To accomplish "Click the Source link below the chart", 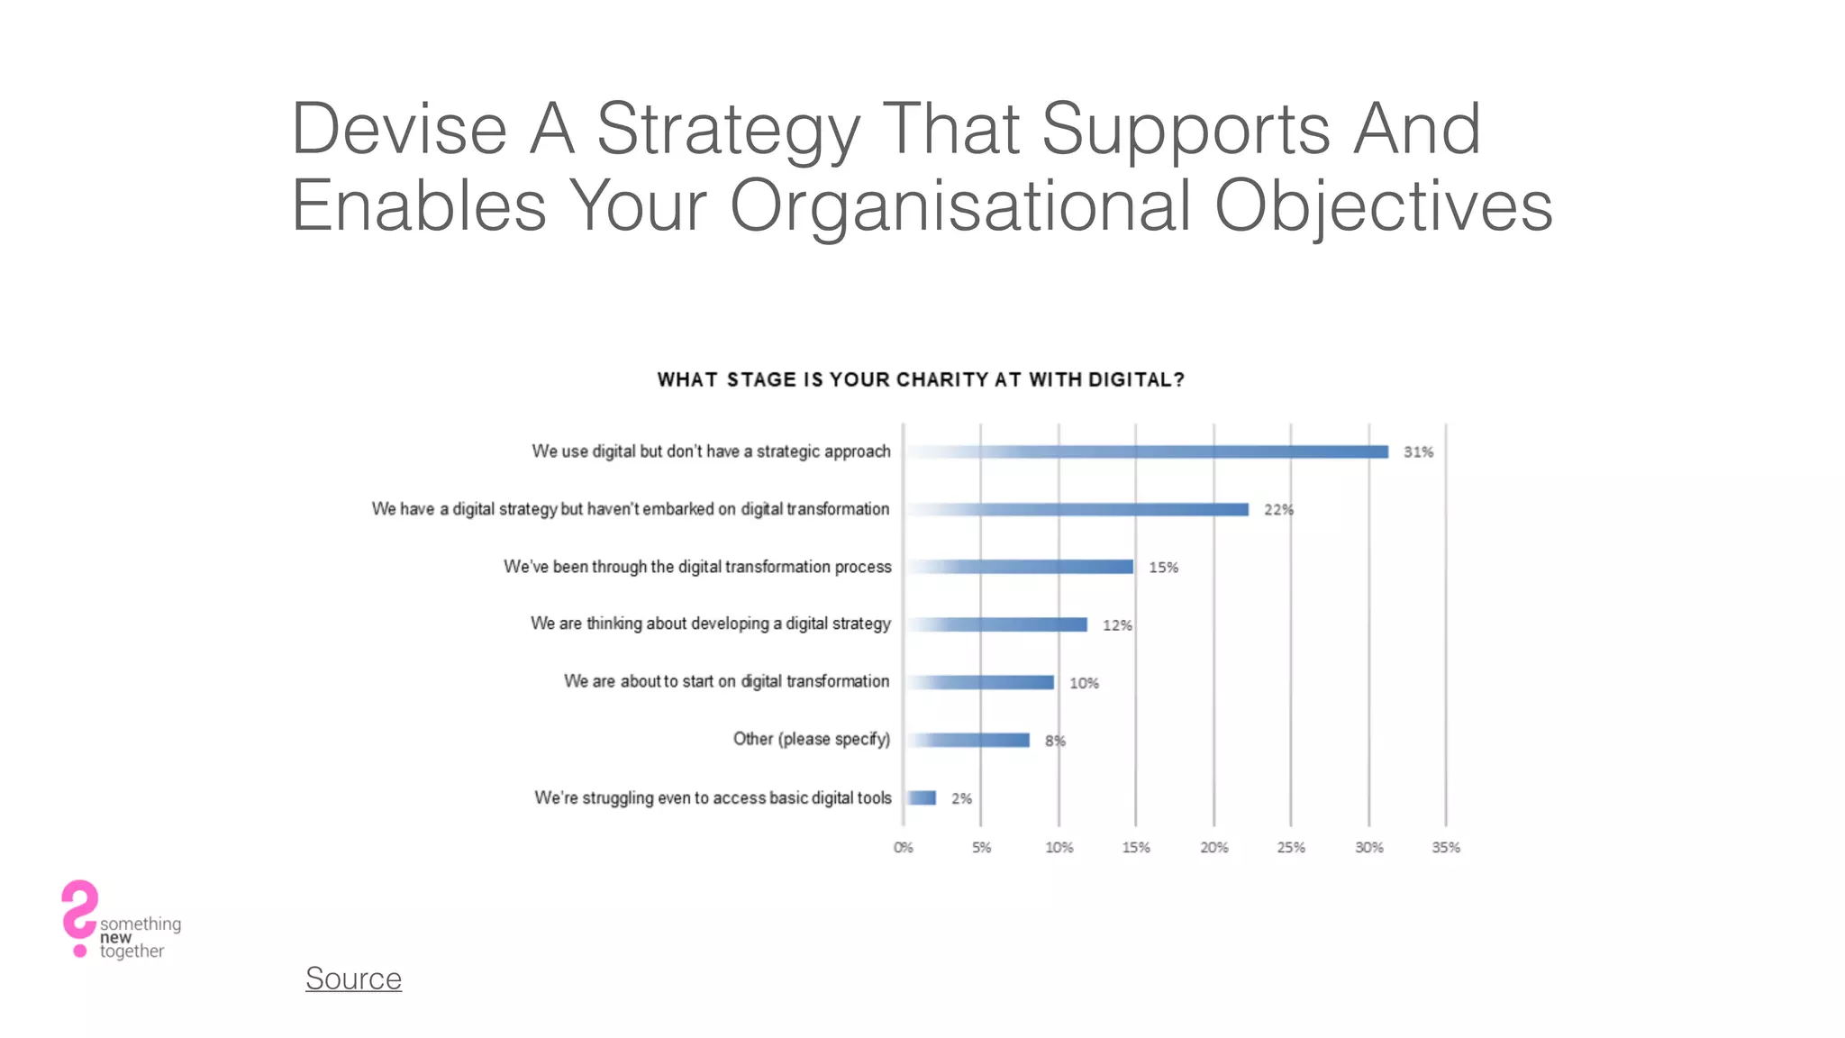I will tap(353, 979).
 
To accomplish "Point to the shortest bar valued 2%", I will tap(922, 797).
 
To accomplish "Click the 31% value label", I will tap(1418, 452).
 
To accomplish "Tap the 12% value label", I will tap(1117, 625).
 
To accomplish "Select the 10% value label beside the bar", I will tap(1084, 683).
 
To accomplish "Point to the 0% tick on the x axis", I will tap(903, 847).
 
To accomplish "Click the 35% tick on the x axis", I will tap(1446, 847).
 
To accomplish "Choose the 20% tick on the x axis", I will tap(1213, 847).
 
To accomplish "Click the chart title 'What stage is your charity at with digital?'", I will tap(921, 380).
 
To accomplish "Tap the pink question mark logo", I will tap(79, 915).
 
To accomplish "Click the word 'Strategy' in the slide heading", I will tap(728, 129).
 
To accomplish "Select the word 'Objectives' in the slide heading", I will tap(1383, 205).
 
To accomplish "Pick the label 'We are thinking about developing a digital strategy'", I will tap(710, 624).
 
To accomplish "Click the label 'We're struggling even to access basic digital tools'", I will tap(713, 797).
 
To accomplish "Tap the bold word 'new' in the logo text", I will tap(115, 937).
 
